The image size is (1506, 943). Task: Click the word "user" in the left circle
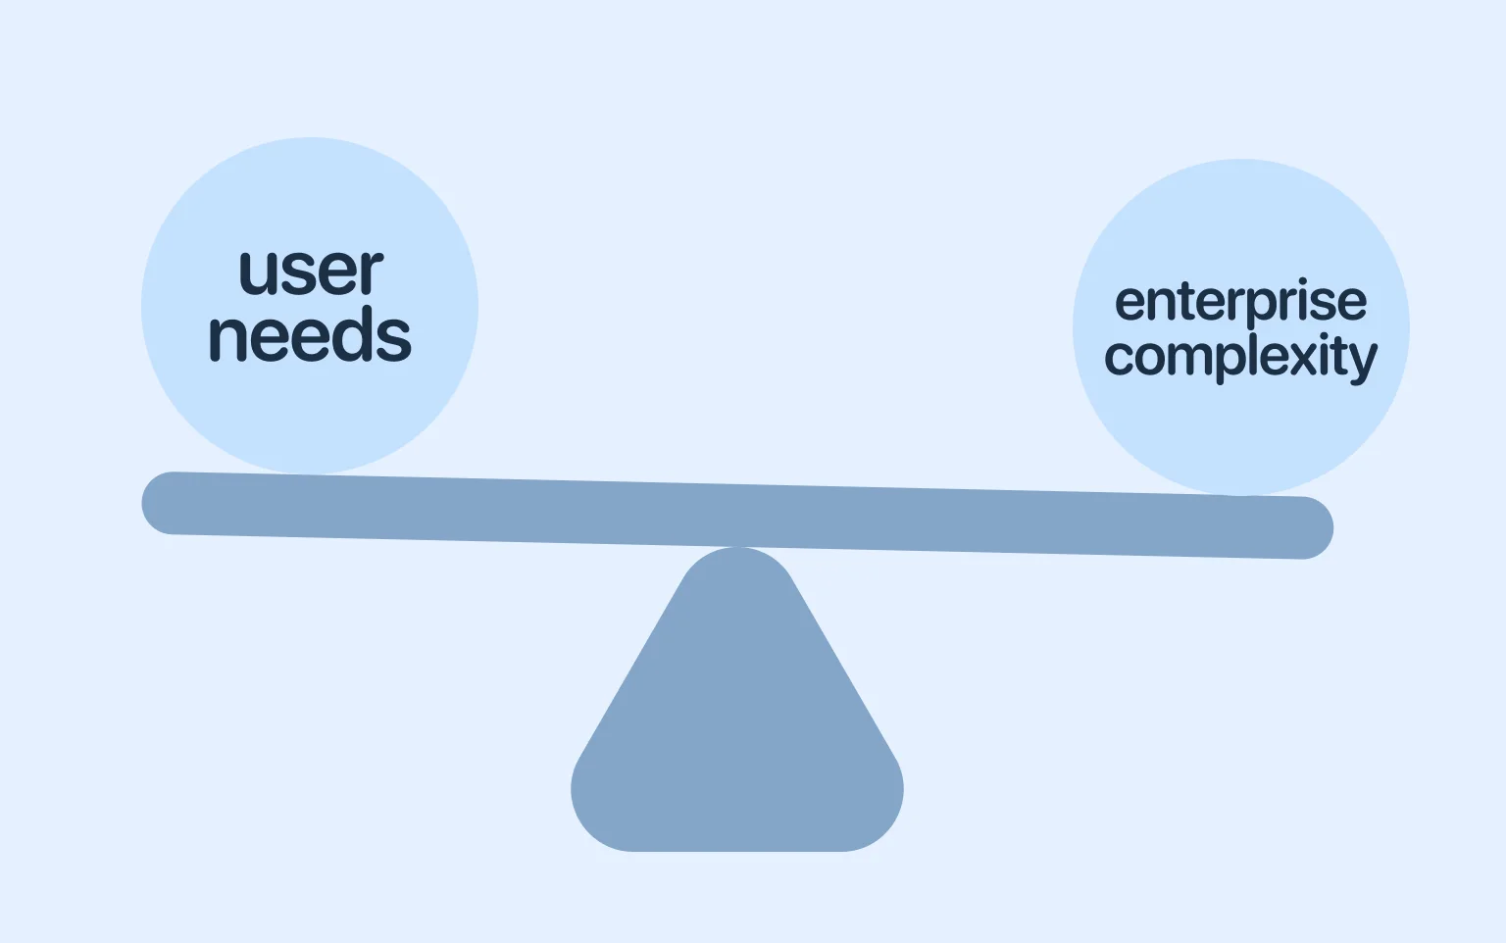click(x=311, y=272)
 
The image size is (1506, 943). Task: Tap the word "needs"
click(x=310, y=336)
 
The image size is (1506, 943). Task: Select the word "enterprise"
click(x=1240, y=303)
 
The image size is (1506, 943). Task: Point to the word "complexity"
click(x=1240, y=357)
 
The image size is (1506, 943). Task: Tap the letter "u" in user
click(x=256, y=273)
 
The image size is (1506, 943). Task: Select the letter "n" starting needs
click(x=226, y=338)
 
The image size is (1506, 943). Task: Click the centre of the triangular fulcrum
click(x=737, y=725)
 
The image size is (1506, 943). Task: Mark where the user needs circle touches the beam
click(x=310, y=474)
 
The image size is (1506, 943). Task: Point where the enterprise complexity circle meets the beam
click(x=1241, y=495)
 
